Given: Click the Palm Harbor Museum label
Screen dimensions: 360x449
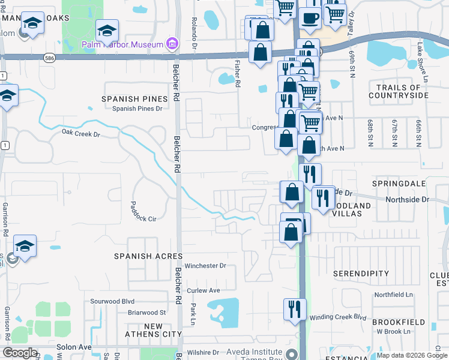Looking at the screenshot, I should (x=122, y=44).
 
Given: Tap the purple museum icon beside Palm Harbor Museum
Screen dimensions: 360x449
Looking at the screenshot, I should (x=172, y=44).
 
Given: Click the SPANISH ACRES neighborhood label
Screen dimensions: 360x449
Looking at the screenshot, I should (x=148, y=256).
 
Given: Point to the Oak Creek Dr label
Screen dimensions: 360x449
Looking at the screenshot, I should (x=80, y=134).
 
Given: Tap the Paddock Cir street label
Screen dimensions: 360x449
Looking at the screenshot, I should (x=143, y=219).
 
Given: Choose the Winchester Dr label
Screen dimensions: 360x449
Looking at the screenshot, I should (x=205, y=265).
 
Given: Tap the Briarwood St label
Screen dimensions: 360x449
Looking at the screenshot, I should (x=146, y=313).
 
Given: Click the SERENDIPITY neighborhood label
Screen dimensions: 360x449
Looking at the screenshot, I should (x=361, y=273).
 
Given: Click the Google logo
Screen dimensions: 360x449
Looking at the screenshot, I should (x=20, y=353).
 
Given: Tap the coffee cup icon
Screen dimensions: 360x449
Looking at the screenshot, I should (x=310, y=19).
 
